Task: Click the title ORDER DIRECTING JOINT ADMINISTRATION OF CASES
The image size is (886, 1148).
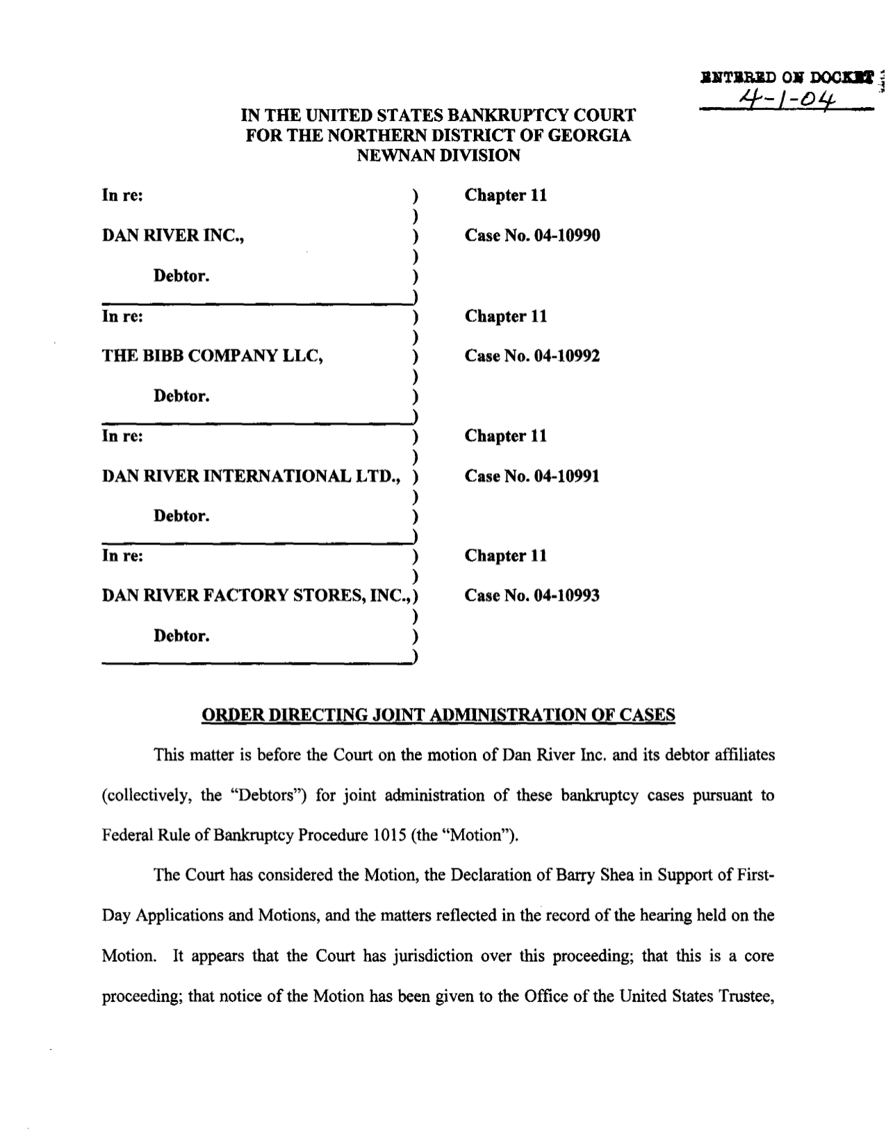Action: pyautogui.click(x=438, y=715)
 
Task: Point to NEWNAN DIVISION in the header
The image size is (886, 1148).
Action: pyautogui.click(x=438, y=155)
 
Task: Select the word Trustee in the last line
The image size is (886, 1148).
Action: pyautogui.click(x=746, y=996)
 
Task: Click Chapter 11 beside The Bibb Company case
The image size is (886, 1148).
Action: pyautogui.click(x=506, y=316)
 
